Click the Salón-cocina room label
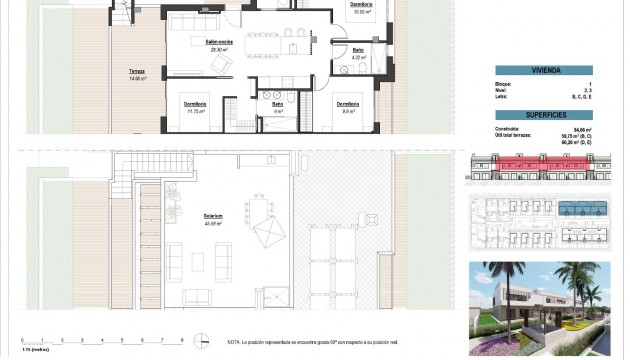tap(220, 43)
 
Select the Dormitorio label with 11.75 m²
tap(195, 107)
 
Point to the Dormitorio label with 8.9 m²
tap(347, 107)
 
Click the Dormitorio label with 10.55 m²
tap(361, 7)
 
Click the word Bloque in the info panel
tap(504, 84)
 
